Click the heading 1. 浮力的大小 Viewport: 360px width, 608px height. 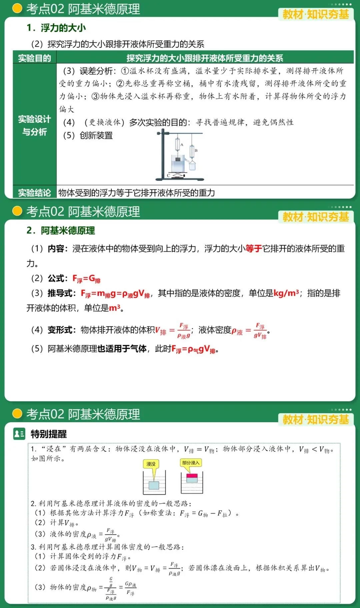56,28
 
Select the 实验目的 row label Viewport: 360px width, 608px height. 34,58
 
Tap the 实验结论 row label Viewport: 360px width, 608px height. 34,193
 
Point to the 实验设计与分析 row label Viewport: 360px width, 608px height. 34,125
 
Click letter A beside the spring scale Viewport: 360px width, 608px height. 182,145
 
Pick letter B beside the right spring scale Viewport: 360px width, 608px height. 196,150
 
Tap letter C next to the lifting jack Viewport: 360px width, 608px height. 169,175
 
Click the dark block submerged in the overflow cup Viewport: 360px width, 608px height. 178,159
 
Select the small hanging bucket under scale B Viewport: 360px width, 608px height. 192,165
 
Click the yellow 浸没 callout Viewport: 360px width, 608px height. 151,464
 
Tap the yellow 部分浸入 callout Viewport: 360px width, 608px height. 191,463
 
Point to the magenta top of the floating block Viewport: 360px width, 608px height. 192,476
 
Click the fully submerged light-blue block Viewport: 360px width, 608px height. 154,485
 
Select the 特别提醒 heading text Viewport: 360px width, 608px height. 49,434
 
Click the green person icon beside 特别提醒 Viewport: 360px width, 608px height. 19,434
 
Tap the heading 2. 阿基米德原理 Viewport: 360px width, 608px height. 61,230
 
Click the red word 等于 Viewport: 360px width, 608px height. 254,248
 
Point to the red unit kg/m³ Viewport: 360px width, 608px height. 286,293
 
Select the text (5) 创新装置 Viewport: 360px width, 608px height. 88,135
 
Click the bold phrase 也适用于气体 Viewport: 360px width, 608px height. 122,349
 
